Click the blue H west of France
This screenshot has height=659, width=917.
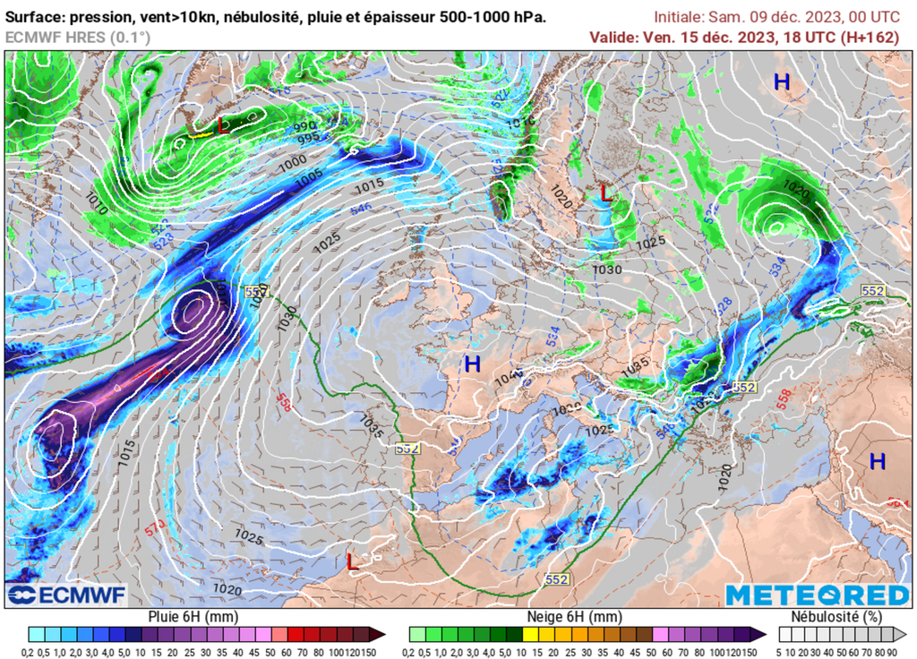[x=472, y=364]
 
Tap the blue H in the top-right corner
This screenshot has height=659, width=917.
[x=782, y=82]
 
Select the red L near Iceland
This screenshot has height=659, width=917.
[x=224, y=126]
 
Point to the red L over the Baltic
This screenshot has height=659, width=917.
[x=606, y=192]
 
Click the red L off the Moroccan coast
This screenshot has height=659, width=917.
[x=353, y=561]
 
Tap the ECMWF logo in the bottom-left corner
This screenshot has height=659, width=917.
[x=67, y=595]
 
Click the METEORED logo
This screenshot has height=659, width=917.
[x=817, y=595]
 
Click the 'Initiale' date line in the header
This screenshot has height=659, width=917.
[x=776, y=16]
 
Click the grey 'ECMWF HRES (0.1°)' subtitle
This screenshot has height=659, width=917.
[x=78, y=37]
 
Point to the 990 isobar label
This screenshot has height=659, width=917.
[x=304, y=126]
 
